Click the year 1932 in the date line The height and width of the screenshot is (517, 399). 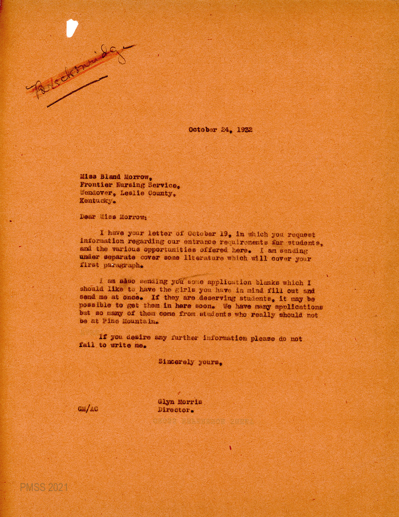tap(244, 130)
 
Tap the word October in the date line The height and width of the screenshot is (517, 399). tap(202, 130)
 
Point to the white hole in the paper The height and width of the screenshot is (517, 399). tap(71, 28)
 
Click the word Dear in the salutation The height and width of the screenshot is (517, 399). tap(88, 217)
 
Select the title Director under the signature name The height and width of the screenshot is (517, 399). tap(175, 410)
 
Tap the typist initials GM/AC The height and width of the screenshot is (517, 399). tap(88, 409)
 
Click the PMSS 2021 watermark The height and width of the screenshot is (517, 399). tap(44, 488)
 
